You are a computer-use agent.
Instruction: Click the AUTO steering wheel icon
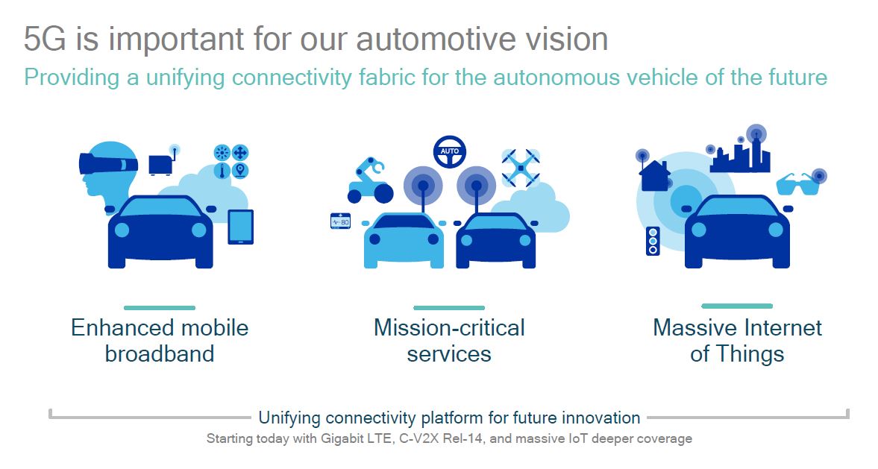(450, 151)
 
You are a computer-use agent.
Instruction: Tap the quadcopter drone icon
(521, 168)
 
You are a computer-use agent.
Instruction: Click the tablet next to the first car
(241, 227)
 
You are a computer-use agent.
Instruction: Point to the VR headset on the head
(108, 163)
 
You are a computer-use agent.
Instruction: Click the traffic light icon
(653, 241)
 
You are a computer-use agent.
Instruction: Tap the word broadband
(160, 353)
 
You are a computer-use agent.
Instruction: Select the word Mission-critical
(449, 327)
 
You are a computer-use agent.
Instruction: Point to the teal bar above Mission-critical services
(449, 308)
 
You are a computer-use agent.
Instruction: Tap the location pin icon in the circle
(240, 170)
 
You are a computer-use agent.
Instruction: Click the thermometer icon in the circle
(222, 170)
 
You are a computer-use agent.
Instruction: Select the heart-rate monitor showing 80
(340, 221)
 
